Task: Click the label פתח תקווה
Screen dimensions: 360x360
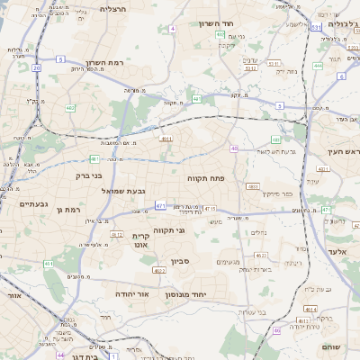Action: (205, 179)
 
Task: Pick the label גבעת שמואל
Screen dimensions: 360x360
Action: (138, 191)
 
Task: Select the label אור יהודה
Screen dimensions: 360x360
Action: (133, 293)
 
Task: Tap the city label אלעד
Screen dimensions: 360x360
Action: (337, 252)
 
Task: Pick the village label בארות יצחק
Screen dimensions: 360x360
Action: (264, 268)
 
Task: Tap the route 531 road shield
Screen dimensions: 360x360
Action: (316, 28)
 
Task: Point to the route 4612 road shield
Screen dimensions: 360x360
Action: (116, 234)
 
